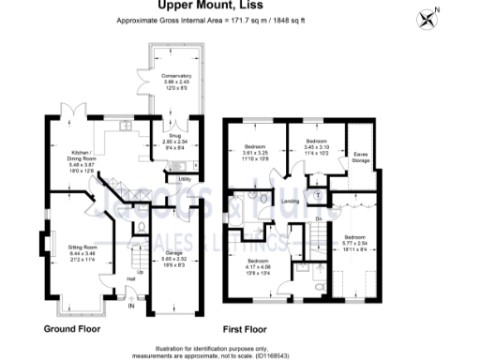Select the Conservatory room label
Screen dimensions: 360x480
click(176, 76)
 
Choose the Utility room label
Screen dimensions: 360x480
click(184, 178)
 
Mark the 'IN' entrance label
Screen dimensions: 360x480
click(131, 306)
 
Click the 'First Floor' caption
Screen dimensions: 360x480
click(243, 329)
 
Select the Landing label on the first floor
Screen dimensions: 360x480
click(291, 202)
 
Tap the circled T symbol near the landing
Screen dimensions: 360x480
click(317, 195)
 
